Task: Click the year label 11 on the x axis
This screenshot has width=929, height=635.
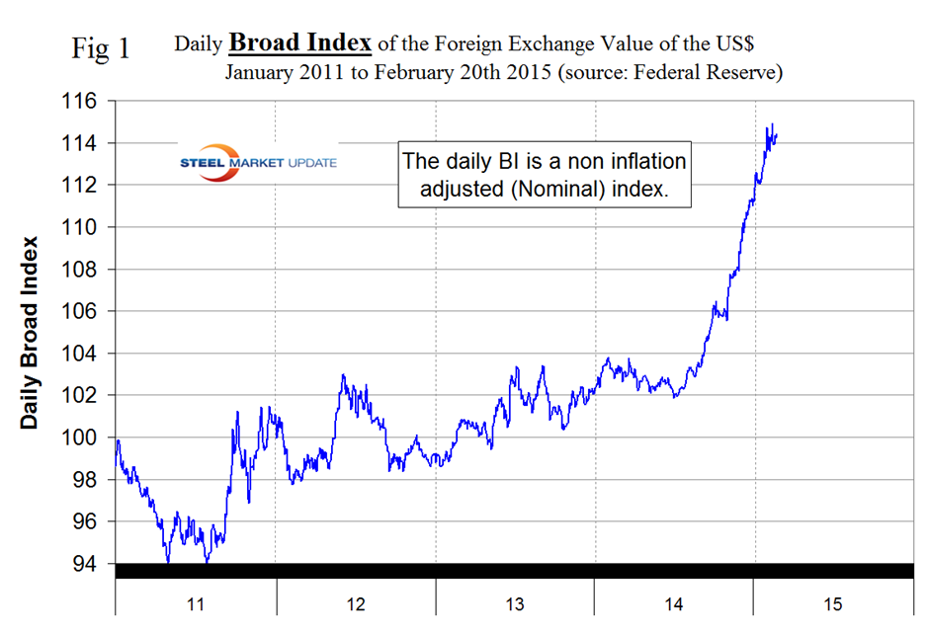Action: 195,603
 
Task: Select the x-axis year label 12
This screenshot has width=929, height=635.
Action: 355,603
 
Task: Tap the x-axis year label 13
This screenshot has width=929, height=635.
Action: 515,603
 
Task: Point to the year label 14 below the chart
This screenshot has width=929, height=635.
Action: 674,603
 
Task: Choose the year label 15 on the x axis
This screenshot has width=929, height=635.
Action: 834,603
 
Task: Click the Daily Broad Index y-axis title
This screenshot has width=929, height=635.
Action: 31,332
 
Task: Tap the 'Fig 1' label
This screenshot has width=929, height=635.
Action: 101,48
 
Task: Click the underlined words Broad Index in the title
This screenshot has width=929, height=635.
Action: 300,43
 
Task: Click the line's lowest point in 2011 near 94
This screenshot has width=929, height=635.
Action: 168,562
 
